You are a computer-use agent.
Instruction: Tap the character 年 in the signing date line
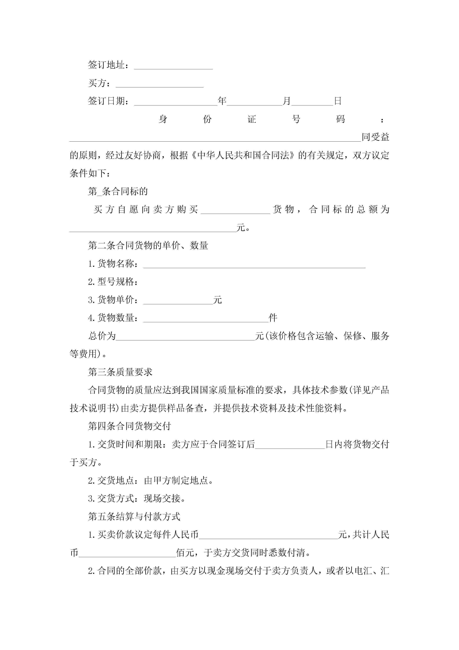222,101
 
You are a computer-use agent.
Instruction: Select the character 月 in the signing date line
287,101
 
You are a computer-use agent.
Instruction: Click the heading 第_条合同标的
118,191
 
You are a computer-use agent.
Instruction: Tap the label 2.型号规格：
113,282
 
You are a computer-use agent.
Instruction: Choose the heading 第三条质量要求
120,372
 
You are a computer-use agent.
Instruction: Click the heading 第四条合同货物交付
130,426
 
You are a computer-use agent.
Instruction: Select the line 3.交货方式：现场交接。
137,498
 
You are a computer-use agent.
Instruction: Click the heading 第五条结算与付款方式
134,516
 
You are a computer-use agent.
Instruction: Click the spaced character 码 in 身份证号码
341,119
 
